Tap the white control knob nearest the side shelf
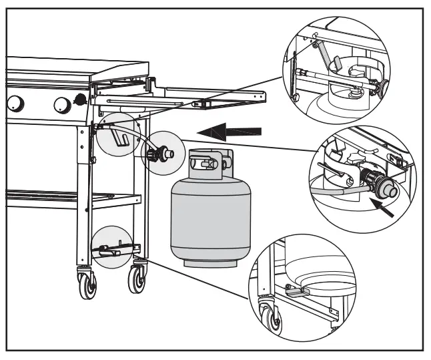click(x=61, y=104)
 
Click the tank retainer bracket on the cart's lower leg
click(x=110, y=250)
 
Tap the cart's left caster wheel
click(x=86, y=283)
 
